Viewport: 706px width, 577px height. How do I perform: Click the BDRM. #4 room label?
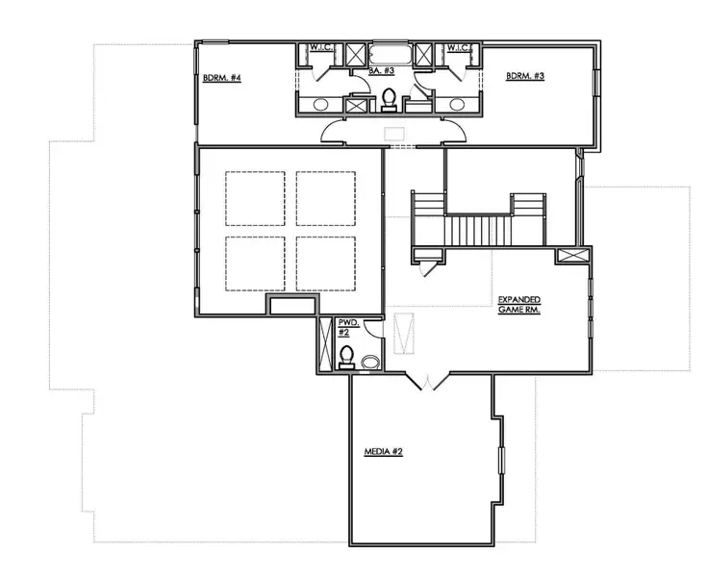click(x=220, y=78)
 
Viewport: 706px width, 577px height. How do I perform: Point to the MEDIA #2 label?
click(x=383, y=451)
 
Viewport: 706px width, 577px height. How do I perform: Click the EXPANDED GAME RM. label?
click(x=518, y=305)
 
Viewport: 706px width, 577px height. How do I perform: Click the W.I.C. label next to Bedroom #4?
click(x=320, y=47)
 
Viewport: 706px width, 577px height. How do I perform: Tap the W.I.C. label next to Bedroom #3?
click(x=457, y=47)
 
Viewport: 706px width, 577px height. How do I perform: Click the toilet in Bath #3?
click(x=390, y=98)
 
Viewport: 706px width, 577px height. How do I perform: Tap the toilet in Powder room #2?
click(x=346, y=357)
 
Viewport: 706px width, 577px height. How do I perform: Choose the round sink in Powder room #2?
click(x=369, y=362)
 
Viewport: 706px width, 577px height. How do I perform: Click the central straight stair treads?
click(x=478, y=231)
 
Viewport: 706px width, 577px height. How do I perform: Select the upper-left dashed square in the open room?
click(x=255, y=198)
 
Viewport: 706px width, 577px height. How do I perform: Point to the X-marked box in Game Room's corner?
click(x=571, y=257)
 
